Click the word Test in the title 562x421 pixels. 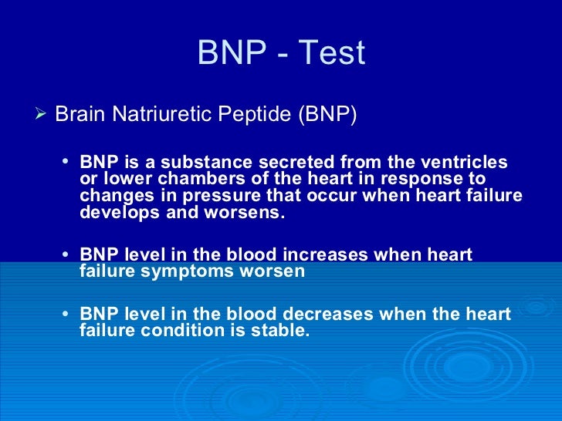click(333, 54)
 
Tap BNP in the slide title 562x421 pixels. click(229, 54)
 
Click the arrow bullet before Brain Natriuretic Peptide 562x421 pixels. click(42, 114)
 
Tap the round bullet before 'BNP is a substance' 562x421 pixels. click(65, 163)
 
